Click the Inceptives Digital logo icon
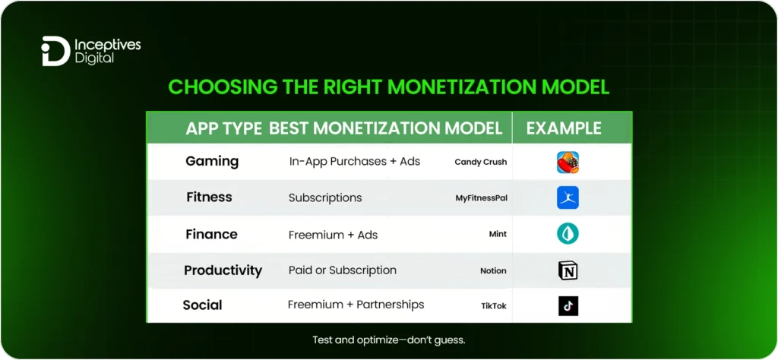pyautogui.click(x=55, y=52)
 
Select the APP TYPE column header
pyautogui.click(x=224, y=128)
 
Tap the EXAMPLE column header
pyautogui.click(x=564, y=128)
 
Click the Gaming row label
pyautogui.click(x=212, y=161)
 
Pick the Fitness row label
pyautogui.click(x=209, y=197)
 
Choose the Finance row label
pyautogui.click(x=211, y=234)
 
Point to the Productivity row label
pyautogui.click(x=223, y=270)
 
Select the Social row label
pyautogui.click(x=202, y=305)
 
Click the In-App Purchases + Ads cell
pyautogui.click(x=354, y=162)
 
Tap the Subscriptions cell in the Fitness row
pyautogui.click(x=325, y=198)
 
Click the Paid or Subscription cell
pyautogui.click(x=343, y=270)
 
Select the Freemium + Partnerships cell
pyautogui.click(x=356, y=305)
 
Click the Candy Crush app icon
pyautogui.click(x=568, y=162)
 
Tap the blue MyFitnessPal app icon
pyautogui.click(x=568, y=198)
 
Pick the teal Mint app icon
pyautogui.click(x=568, y=234)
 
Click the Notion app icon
pyautogui.click(x=568, y=270)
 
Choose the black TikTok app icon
pyautogui.click(x=568, y=306)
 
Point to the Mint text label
pyautogui.click(x=498, y=235)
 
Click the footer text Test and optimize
pyautogui.click(x=388, y=340)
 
